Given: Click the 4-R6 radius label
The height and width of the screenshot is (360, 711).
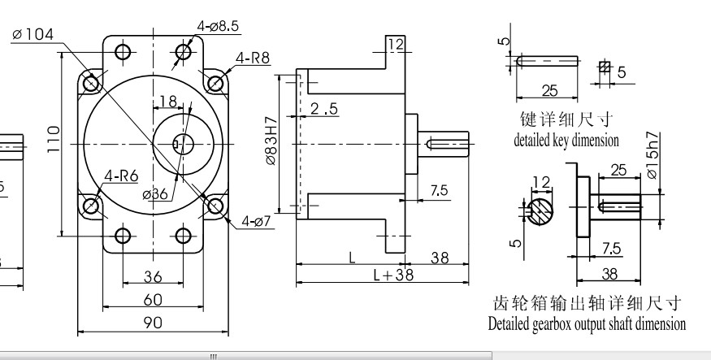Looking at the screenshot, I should (x=120, y=176).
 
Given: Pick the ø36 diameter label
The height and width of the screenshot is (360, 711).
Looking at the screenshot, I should (x=154, y=193).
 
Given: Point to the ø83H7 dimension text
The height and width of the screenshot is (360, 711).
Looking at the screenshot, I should (x=271, y=143).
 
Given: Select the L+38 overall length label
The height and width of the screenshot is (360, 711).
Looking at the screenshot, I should (x=393, y=275).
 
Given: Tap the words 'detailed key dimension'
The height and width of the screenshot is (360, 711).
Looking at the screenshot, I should (x=566, y=140).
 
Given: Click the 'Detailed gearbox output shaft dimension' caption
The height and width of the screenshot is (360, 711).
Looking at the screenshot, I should (x=587, y=323).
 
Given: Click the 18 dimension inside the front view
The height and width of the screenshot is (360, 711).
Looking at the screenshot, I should (x=168, y=102).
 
